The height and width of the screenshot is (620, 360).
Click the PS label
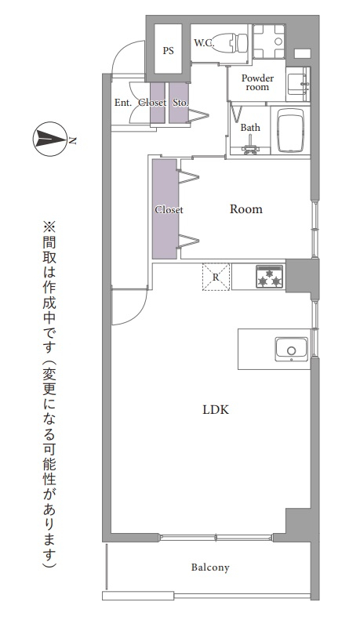168,51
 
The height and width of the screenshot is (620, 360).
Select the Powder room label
257,82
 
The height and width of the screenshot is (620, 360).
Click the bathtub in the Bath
290,130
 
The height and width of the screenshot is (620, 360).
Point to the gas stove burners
269,277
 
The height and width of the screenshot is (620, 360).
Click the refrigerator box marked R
216,277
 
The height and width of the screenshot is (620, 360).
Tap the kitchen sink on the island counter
292,349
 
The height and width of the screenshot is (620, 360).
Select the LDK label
216,410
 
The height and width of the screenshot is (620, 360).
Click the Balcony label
210,567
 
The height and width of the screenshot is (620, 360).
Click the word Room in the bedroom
246,208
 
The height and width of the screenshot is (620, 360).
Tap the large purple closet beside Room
165,208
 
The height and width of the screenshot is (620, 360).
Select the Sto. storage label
180,103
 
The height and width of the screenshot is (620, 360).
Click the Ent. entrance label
123,103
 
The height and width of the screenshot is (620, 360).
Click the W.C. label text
204,42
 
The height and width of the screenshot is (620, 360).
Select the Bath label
250,127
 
